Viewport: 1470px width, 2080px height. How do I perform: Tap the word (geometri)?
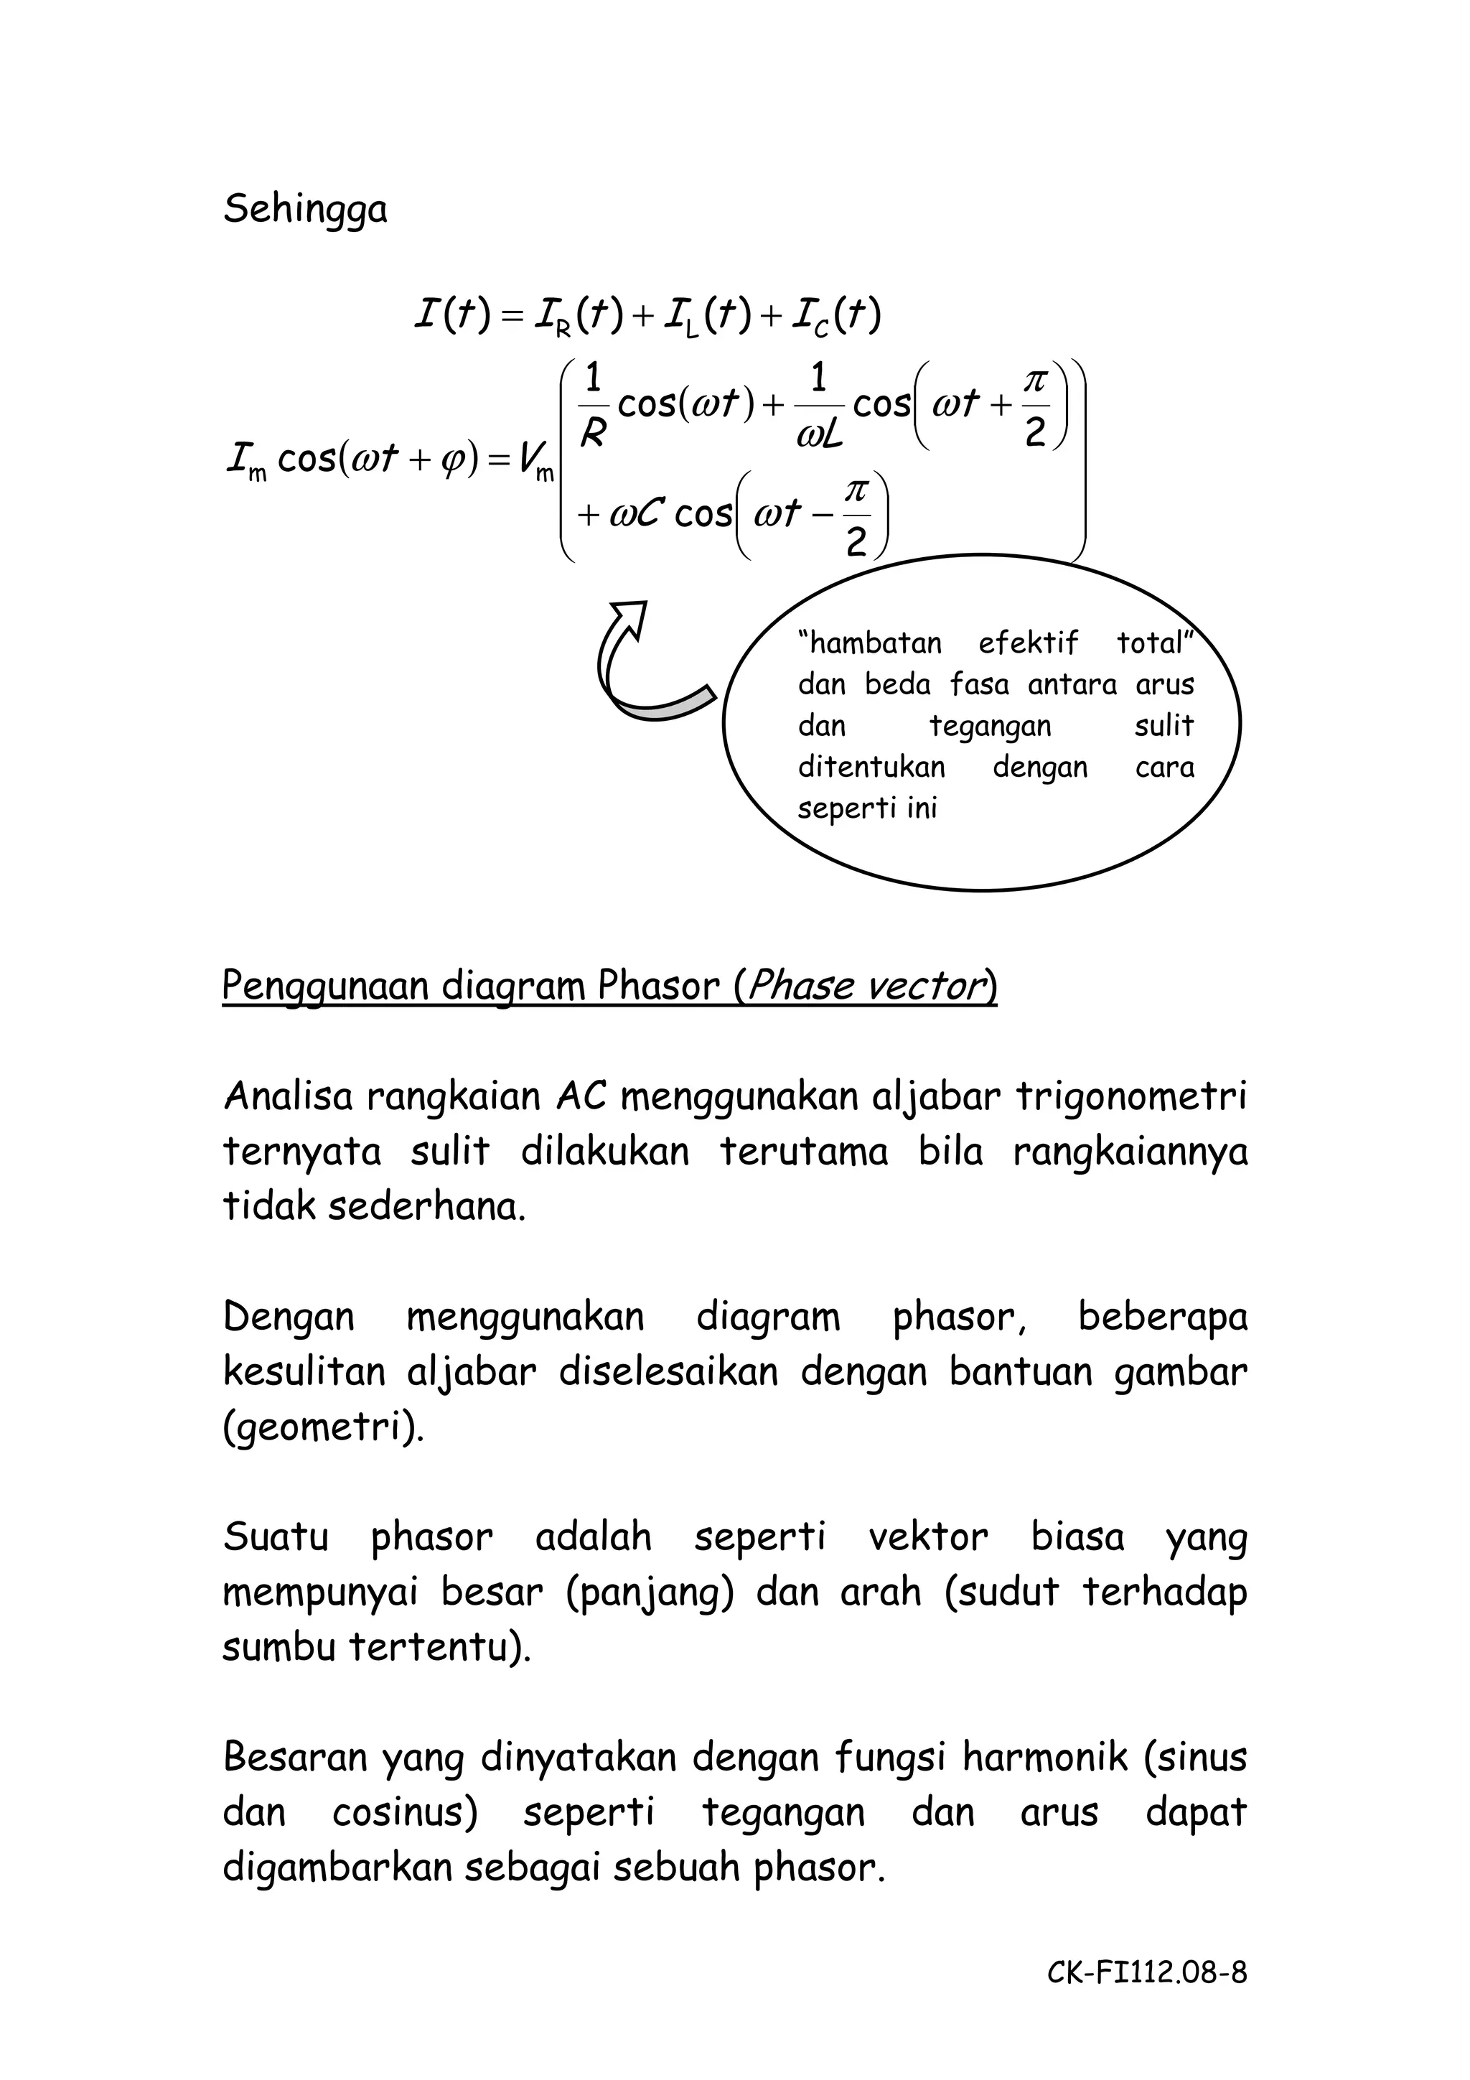pyautogui.click(x=322, y=1429)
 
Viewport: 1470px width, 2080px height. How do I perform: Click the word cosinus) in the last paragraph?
pyautogui.click(x=404, y=1813)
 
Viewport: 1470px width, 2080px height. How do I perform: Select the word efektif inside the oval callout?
pyautogui.click(x=1028, y=643)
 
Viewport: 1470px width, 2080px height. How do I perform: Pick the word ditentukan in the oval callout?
pyautogui.click(x=871, y=768)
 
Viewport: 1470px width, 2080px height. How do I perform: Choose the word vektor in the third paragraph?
pyautogui.click(x=927, y=1537)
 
